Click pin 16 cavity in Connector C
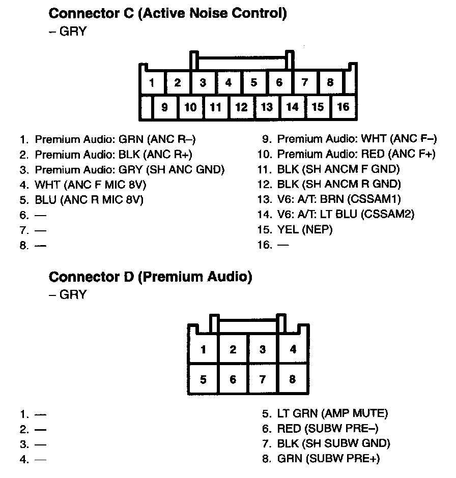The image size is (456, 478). click(344, 107)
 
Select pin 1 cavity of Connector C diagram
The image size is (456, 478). click(152, 82)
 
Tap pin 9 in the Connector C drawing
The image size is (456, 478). click(164, 107)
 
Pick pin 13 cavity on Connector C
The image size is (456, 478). click(267, 107)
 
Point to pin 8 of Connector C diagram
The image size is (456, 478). click(330, 82)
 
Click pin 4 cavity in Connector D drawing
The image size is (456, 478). click(293, 349)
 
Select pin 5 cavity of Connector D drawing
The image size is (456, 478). click(203, 379)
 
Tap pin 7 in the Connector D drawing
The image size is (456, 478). click(263, 379)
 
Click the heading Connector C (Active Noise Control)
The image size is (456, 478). click(167, 13)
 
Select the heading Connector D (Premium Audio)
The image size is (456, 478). click(150, 277)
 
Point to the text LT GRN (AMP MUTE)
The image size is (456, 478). click(332, 413)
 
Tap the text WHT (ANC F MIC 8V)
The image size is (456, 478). click(94, 184)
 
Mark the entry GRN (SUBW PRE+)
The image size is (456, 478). click(328, 459)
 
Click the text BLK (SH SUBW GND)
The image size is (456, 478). click(333, 443)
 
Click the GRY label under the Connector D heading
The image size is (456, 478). click(73, 294)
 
